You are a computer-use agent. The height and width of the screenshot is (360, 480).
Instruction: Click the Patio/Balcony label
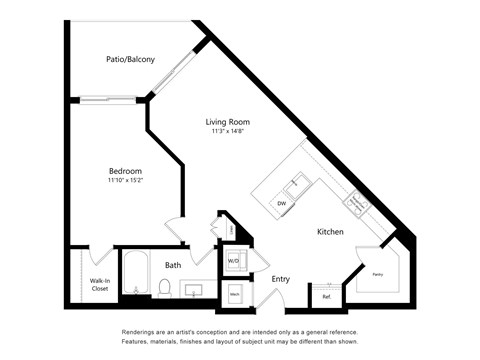click(131, 60)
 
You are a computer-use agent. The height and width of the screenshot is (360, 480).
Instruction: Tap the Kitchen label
click(331, 231)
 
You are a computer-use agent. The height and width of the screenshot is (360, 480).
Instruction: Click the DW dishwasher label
click(282, 203)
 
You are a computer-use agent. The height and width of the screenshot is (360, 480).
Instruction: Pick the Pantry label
click(377, 272)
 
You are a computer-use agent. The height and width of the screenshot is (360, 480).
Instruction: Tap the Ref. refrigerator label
click(326, 296)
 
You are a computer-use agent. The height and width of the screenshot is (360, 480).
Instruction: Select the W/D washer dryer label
click(233, 261)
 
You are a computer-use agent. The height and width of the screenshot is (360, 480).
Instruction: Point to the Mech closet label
click(234, 294)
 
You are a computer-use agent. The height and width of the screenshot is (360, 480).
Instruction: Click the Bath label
click(173, 265)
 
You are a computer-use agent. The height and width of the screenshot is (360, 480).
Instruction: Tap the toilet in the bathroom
click(164, 289)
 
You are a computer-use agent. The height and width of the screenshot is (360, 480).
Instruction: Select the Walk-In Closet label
click(100, 285)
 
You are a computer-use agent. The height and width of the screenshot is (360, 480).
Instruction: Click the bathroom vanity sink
click(196, 290)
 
